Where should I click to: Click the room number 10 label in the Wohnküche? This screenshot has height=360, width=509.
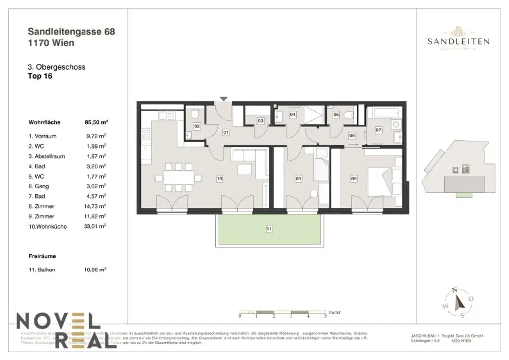[x=219, y=178]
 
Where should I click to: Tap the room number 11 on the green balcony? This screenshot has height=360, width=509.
[x=269, y=229]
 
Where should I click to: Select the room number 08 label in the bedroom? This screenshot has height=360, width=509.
[x=354, y=178]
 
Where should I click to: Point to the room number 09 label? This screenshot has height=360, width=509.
[x=298, y=178]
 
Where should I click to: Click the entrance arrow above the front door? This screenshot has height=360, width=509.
[x=224, y=99]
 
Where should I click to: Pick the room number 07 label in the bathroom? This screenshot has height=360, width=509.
[x=378, y=130]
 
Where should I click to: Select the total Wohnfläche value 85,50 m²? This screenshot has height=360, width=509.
[x=96, y=121]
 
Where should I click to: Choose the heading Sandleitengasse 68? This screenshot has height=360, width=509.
[x=72, y=32]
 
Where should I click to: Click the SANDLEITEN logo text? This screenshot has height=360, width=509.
[x=458, y=42]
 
